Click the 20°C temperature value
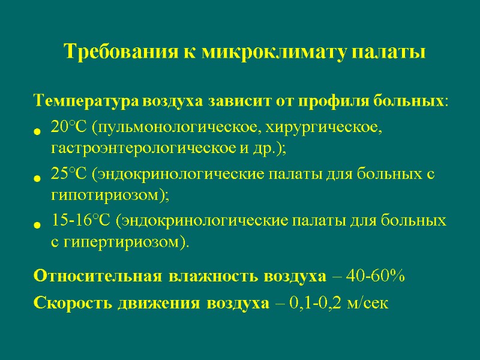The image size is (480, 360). click(70, 129)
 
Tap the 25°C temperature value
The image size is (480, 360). click(70, 175)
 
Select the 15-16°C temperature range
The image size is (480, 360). click(82, 221)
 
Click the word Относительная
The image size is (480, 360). click(97, 277)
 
